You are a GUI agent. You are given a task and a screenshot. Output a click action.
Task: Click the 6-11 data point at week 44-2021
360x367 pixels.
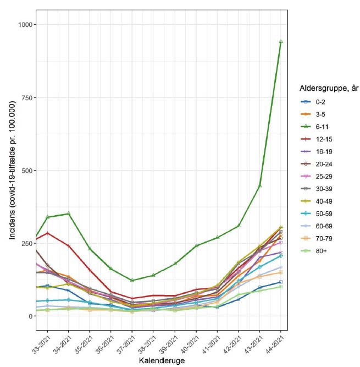[x=281, y=42]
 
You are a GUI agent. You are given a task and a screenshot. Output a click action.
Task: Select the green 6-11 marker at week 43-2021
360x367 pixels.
[x=259, y=185]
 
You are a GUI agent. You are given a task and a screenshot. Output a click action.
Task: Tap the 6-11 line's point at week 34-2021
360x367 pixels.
[x=69, y=213]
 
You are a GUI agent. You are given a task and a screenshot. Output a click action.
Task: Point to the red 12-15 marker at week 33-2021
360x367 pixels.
[x=47, y=233]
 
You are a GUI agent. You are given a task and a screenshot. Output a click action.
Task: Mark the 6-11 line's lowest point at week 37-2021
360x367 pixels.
[x=132, y=280]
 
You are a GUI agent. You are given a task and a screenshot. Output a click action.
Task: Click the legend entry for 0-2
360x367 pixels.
[x=313, y=102]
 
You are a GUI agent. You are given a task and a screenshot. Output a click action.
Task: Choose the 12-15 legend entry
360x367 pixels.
[x=316, y=139]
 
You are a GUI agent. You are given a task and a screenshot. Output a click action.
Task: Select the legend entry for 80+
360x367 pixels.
[x=313, y=251]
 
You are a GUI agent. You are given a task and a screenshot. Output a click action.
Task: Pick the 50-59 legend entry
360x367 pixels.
[x=316, y=213]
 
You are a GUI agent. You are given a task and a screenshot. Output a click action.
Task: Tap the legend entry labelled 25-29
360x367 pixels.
[x=316, y=177]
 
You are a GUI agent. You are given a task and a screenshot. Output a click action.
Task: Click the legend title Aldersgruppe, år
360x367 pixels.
[x=329, y=89]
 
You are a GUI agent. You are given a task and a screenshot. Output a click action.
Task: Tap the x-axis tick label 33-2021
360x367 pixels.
[x=42, y=344]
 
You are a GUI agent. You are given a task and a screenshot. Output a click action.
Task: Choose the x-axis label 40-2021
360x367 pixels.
[x=190, y=344]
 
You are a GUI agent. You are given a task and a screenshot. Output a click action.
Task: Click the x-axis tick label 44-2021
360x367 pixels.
[x=275, y=344]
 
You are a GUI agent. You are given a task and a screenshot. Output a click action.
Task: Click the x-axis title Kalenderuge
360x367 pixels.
[x=162, y=360]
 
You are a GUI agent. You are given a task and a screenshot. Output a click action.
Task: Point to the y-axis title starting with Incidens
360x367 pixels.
[x=12, y=170]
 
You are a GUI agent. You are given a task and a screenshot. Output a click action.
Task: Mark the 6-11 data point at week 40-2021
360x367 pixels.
[x=196, y=245]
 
